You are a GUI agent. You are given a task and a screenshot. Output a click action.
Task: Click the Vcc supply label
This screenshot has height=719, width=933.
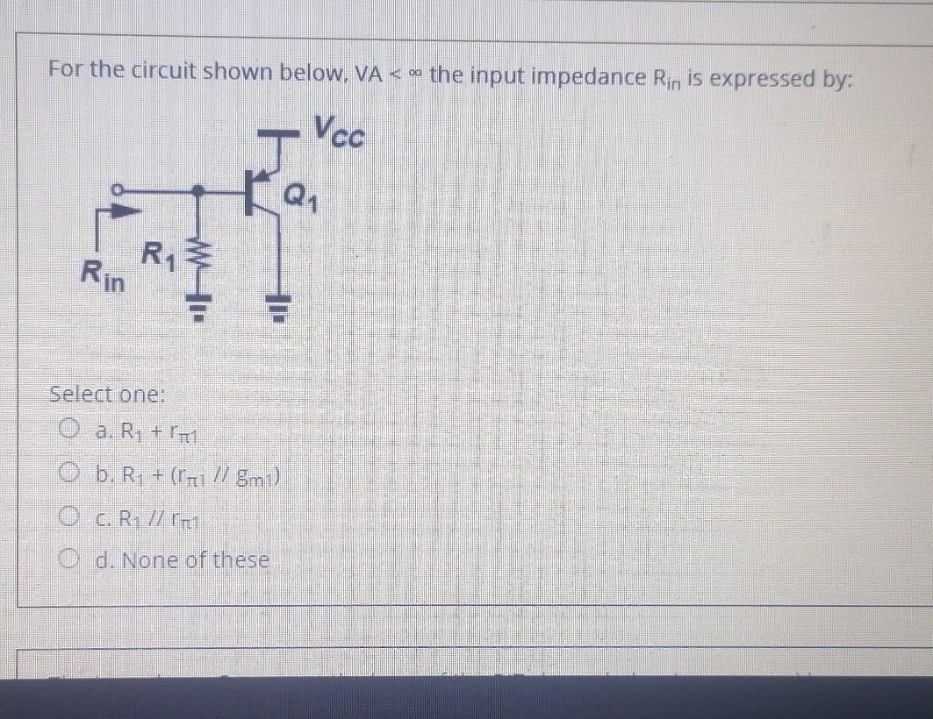tap(339, 135)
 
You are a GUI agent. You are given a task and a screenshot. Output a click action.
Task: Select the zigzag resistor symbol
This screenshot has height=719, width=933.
tap(201, 260)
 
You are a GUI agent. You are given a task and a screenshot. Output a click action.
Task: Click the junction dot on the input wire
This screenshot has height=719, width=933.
tap(201, 189)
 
